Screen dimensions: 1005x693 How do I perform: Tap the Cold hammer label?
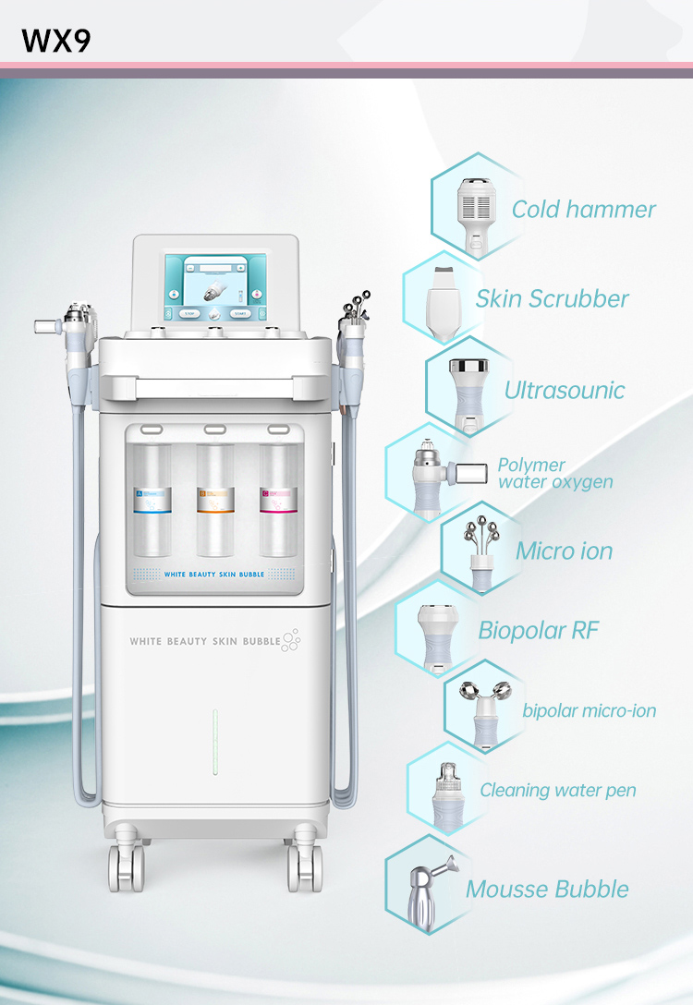[x=583, y=210]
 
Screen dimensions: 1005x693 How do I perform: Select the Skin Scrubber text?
[x=552, y=299]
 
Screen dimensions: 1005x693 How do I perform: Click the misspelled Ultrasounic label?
[x=564, y=390]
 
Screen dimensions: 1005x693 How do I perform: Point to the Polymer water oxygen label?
[x=554, y=473]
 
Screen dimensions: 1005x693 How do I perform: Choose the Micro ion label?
[x=564, y=551]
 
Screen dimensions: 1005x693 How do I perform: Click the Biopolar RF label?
[x=538, y=631]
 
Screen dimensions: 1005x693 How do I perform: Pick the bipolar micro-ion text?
[x=589, y=710]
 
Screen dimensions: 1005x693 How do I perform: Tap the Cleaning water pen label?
[x=557, y=791]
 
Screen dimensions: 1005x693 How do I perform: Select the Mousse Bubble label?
[x=547, y=890]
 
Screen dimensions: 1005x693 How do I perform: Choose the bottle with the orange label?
[x=215, y=499]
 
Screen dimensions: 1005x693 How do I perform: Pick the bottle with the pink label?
[x=277, y=499]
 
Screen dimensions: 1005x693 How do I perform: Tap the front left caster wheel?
[x=127, y=868]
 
